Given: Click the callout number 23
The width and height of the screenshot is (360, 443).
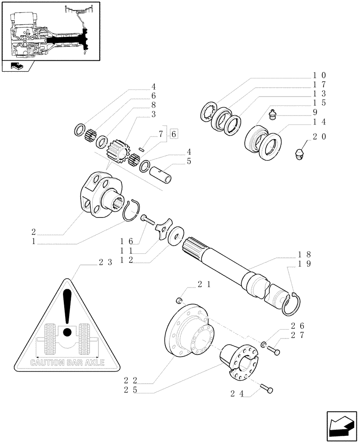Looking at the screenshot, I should point(104,262).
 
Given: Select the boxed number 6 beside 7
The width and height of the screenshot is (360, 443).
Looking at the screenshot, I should point(173,134).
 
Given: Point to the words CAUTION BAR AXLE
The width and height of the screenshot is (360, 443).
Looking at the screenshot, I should point(67,362).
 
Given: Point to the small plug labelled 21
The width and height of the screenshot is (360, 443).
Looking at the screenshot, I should point(179,301).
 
